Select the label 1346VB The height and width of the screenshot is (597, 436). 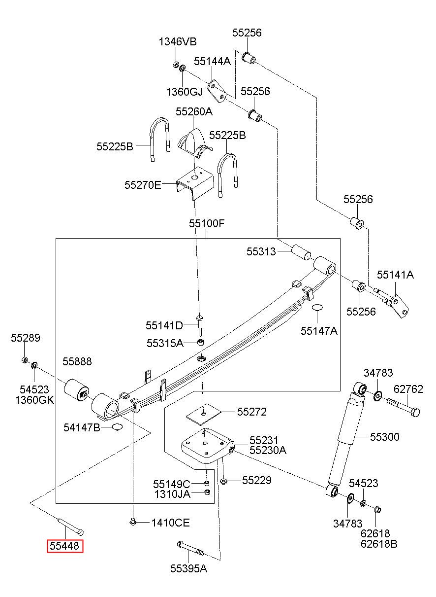[x=178, y=41]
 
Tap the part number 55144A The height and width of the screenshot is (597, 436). [x=212, y=61]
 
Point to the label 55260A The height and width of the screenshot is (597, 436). [x=194, y=112]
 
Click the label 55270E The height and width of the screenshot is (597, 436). [x=143, y=185]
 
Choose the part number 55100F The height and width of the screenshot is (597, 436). [x=207, y=223]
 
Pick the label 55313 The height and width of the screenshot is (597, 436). [x=261, y=251]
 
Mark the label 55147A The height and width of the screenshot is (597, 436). [x=319, y=331]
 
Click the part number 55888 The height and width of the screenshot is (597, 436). [x=77, y=361]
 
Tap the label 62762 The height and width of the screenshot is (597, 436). [x=408, y=389]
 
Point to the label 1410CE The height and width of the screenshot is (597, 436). [x=171, y=523]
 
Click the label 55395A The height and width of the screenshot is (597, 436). [x=188, y=569]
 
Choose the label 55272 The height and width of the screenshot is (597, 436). [x=251, y=412]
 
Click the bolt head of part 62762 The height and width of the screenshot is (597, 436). [x=415, y=412]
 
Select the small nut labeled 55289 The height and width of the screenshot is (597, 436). [x=24, y=360]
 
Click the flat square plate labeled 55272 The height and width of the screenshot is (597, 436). [x=204, y=414]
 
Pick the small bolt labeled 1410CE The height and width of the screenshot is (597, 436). [x=132, y=522]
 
